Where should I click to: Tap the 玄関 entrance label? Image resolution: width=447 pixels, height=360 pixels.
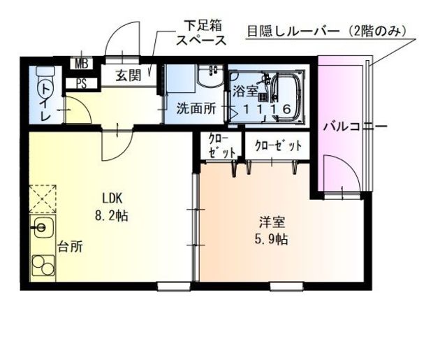click(x=129, y=75)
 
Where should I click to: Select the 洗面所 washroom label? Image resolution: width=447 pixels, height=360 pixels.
click(x=195, y=109)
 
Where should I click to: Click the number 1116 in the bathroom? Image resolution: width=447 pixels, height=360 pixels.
click(x=266, y=110)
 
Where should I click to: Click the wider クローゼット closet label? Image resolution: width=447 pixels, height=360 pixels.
click(x=278, y=146)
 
